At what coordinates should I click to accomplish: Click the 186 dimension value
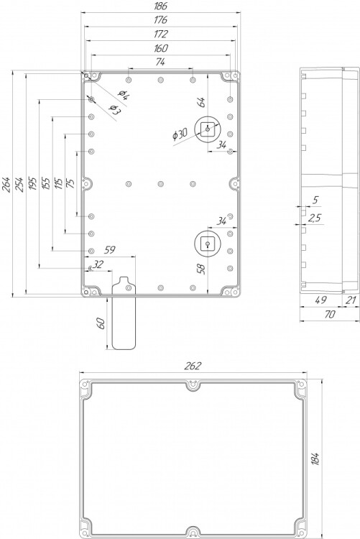click(x=160, y=6)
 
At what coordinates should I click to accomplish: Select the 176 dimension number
click(x=160, y=20)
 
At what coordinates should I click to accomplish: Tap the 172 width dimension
click(x=160, y=34)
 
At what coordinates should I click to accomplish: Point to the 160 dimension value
click(x=160, y=48)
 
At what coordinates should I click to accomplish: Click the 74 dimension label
click(x=160, y=62)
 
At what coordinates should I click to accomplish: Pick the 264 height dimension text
click(x=8, y=185)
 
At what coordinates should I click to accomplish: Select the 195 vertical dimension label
click(x=32, y=185)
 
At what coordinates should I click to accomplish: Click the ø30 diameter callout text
click(x=180, y=134)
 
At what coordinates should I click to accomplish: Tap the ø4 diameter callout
click(x=123, y=94)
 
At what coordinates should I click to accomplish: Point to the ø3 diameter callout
click(x=115, y=109)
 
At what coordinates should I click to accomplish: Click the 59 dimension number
click(x=110, y=250)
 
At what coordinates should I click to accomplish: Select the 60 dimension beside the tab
click(x=101, y=323)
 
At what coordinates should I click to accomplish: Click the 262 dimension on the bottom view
click(x=192, y=366)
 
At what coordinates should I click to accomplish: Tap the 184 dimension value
click(x=315, y=459)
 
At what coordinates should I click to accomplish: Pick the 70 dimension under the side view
click(x=329, y=314)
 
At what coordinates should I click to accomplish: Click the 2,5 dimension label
click(x=314, y=218)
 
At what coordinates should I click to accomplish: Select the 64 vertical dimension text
click(x=201, y=102)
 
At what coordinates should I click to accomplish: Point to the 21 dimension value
click(x=351, y=300)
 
